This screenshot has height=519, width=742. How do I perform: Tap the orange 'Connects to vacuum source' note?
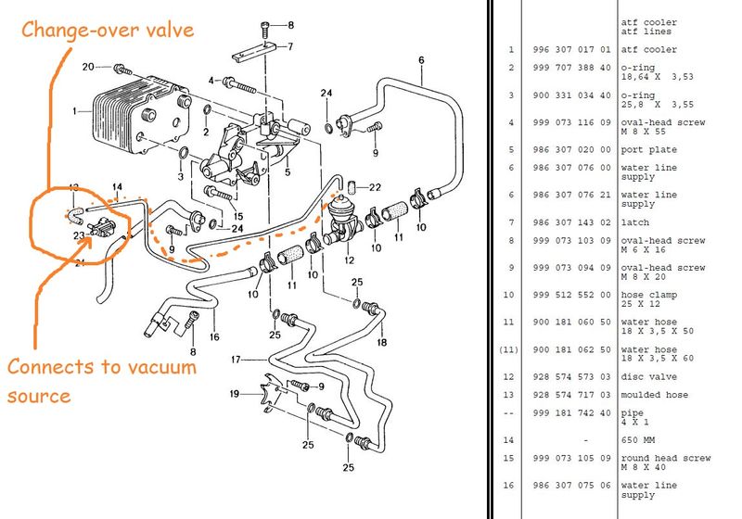pyautogui.click(x=102, y=381)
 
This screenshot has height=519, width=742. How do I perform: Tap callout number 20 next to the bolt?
pyautogui.click(x=89, y=68)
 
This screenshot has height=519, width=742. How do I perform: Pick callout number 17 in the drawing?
pyautogui.click(x=237, y=359)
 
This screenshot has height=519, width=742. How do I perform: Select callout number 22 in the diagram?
pyautogui.click(x=376, y=187)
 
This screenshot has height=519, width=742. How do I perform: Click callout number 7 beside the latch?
pyautogui.click(x=289, y=45)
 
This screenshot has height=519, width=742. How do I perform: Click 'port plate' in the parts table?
pyautogui.click(x=649, y=150)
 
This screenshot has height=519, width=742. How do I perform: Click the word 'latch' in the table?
pyautogui.click(x=637, y=222)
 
